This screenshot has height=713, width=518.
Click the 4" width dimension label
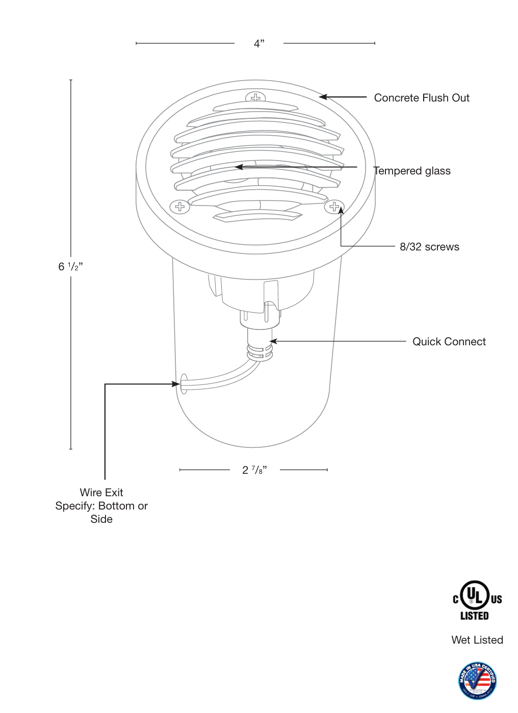point(259,43)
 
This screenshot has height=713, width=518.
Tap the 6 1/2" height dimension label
point(70,266)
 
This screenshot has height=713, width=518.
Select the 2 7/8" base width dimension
point(254,470)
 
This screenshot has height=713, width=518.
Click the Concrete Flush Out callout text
point(421,98)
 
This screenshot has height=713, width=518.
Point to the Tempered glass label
point(412,171)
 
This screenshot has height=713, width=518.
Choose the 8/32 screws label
point(429,247)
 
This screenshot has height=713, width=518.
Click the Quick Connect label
point(449,342)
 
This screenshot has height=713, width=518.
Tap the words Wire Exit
point(101,493)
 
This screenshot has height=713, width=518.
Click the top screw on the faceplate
point(255,97)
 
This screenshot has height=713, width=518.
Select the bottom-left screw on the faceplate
point(180,207)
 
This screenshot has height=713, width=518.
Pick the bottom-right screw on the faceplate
point(334,207)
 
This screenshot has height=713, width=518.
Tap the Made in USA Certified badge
point(477,680)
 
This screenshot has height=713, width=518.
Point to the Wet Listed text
point(477,640)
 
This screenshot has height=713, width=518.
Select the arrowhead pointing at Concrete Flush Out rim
point(323,97)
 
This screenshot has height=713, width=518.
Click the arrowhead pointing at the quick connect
point(273,341)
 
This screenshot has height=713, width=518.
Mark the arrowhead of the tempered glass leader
point(238,167)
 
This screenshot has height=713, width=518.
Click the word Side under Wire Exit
point(101,519)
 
